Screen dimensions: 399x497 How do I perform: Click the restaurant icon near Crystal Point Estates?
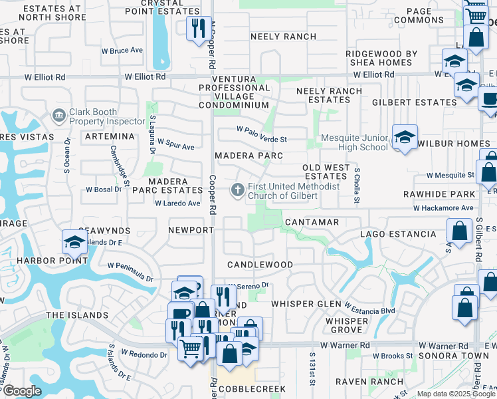point(199,28)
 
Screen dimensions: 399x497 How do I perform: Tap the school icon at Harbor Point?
point(74,241)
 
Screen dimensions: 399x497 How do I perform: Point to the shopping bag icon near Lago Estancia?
point(460,231)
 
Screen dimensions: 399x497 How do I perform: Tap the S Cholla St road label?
point(357,182)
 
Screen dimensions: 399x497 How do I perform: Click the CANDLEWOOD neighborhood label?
point(259,265)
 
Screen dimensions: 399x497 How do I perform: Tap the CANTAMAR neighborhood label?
point(312,221)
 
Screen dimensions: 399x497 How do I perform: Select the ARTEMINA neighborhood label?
point(110,136)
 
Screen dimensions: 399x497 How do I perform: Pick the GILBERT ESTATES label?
point(414,102)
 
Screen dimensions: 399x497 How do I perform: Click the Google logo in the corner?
point(22,391)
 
